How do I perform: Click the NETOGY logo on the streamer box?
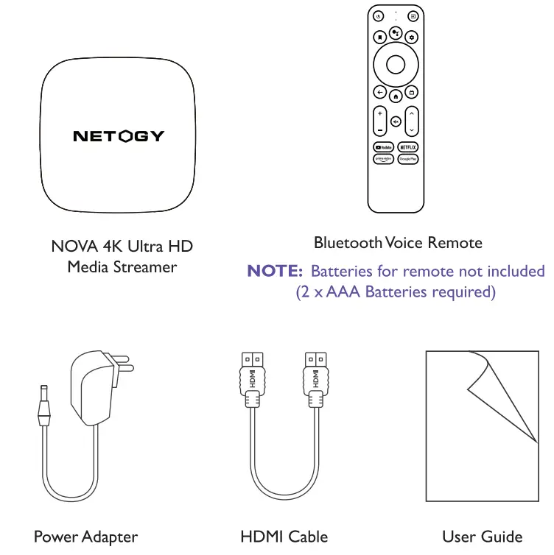[119, 136]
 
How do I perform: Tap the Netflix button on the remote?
[408, 147]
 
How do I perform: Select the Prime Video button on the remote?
[382, 159]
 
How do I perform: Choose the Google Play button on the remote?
[408, 159]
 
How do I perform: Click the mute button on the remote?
[396, 121]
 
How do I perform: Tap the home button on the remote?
[396, 95]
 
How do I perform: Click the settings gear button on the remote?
[413, 36]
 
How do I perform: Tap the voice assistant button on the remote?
[396, 34]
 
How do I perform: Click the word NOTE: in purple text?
[275, 272]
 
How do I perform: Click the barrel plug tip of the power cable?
[43, 402]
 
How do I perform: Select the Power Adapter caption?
[85, 537]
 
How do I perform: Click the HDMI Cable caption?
[284, 537]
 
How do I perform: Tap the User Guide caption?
[482, 537]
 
